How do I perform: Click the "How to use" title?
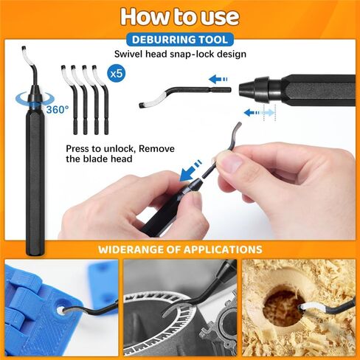pyautogui.click(x=179, y=16)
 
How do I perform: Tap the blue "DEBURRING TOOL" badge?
pyautogui.click(x=180, y=39)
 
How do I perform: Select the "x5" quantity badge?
pyautogui.click(x=116, y=74)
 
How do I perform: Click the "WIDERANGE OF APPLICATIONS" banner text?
pyautogui.click(x=180, y=249)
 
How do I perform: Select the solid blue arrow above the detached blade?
pyautogui.click(x=218, y=79)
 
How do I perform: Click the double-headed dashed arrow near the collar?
pyautogui.click(x=259, y=112)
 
